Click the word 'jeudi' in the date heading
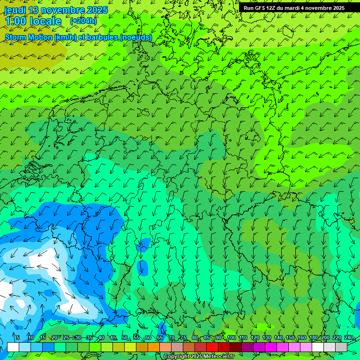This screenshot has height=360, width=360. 15,10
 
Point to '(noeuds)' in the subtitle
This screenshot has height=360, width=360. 136,37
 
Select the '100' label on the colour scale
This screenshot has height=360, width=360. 231,337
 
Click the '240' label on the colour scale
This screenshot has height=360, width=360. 349,337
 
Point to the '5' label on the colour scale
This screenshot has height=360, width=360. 18,337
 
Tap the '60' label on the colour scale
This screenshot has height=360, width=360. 148,337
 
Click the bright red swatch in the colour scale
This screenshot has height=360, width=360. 212,347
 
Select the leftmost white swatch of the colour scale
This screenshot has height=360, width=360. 13,347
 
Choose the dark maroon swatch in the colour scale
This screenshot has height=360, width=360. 236,347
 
